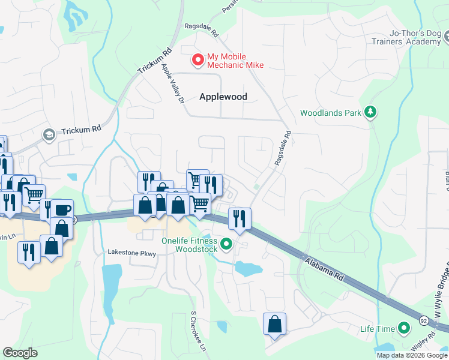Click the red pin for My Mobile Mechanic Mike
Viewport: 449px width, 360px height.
196,60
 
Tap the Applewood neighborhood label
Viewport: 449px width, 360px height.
223,97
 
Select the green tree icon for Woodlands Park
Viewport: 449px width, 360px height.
372,112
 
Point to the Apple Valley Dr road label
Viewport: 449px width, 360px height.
172,84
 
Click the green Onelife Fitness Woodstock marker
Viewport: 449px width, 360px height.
226,244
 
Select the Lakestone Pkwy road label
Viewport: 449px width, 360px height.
131,254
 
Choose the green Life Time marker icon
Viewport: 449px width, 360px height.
404,328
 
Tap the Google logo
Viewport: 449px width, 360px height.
20,352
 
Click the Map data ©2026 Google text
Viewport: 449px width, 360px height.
412,355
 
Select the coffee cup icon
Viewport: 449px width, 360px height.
62,209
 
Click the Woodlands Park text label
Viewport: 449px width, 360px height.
332,113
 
